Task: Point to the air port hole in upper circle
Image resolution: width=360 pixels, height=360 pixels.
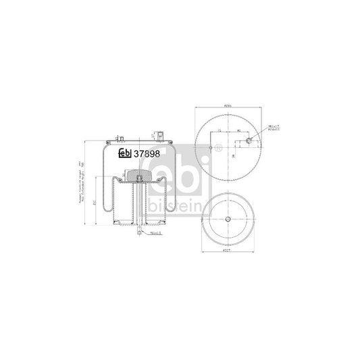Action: click(249, 141)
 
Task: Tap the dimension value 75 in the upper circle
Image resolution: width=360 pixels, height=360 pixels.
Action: click(220, 132)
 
